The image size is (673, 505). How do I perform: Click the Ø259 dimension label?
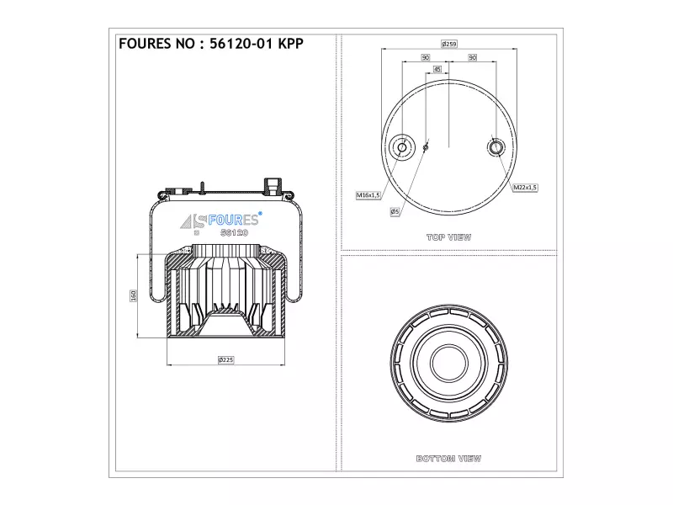tap(449, 44)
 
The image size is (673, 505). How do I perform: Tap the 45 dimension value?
tap(437, 69)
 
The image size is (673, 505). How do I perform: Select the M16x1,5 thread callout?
tap(368, 195)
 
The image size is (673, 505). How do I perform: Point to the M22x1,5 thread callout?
tap(525, 187)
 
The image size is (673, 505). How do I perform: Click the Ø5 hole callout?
tap(395, 211)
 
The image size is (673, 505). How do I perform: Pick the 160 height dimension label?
tap(133, 295)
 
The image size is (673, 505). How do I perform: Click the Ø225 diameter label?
tap(225, 359)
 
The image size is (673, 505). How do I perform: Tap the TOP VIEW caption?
tap(449, 237)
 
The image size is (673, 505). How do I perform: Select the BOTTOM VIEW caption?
tap(448, 459)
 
